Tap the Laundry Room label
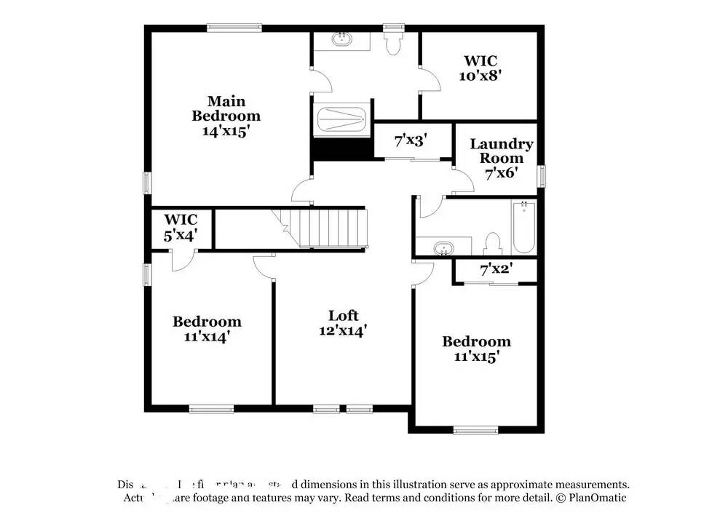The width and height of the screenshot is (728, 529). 501,151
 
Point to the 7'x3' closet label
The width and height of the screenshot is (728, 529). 411,140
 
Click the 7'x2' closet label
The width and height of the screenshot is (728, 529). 496,270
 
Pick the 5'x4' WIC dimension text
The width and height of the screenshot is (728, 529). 180,236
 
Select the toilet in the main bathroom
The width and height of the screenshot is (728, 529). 393,42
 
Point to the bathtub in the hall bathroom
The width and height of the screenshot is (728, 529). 523,227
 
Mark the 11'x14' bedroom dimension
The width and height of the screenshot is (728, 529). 206,336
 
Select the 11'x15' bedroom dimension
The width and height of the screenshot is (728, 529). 476,357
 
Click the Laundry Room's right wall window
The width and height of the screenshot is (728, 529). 541,176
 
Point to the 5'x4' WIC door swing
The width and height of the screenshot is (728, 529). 182,260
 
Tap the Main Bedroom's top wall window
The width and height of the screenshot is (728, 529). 234,28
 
